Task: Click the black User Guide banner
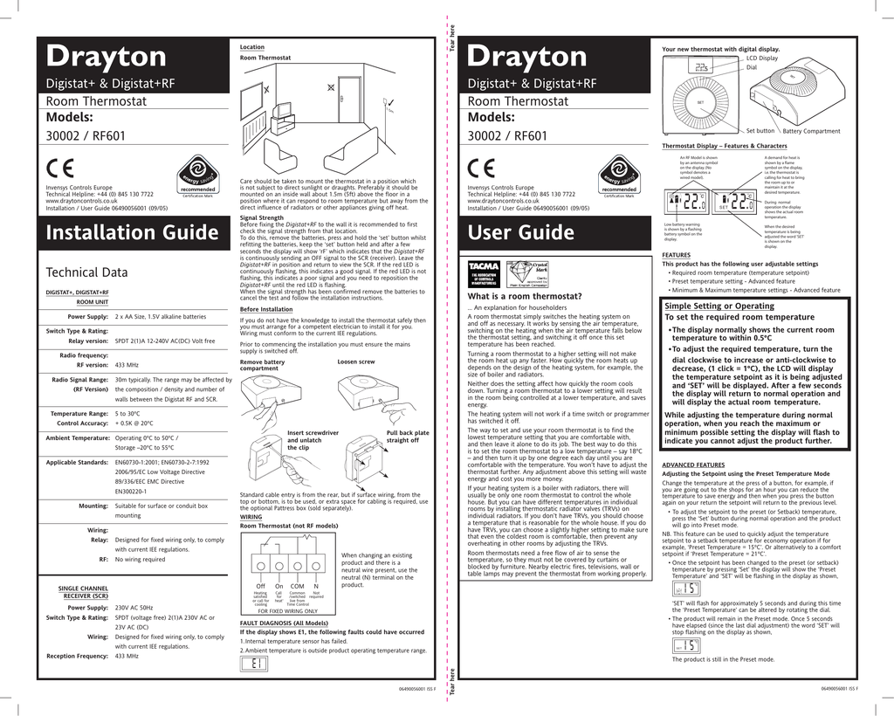(x=559, y=232)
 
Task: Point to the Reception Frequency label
(x=77, y=655)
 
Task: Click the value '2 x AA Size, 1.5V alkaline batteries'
(x=161, y=316)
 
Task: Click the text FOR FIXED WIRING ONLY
(x=287, y=611)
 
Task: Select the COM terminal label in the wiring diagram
(x=297, y=586)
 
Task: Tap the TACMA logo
(x=484, y=271)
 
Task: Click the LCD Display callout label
(x=761, y=58)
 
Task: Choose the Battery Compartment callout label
(x=811, y=131)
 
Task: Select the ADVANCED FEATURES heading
(x=693, y=465)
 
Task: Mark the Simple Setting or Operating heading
(x=719, y=306)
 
